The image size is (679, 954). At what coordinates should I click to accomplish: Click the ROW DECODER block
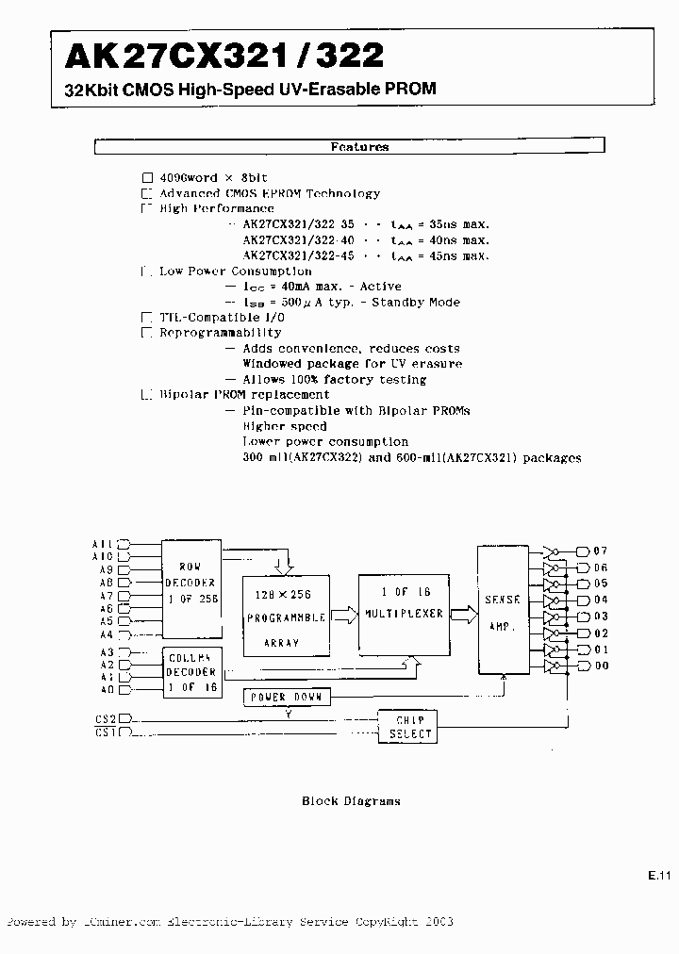pyautogui.click(x=191, y=586)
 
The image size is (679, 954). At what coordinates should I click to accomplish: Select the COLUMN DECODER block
pyautogui.click(x=191, y=671)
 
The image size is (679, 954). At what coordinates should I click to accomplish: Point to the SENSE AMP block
pyautogui.click(x=504, y=610)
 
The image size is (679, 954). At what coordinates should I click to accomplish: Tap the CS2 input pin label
pyautogui.click(x=105, y=717)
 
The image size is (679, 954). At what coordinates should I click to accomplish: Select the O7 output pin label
pyautogui.click(x=601, y=551)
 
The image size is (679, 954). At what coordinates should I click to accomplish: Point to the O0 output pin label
pyautogui.click(x=601, y=666)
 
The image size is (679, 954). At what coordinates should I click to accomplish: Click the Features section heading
pyautogui.click(x=358, y=147)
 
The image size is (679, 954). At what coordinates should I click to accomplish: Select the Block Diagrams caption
pyautogui.click(x=351, y=801)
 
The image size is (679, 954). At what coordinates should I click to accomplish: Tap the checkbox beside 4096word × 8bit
pyautogui.click(x=146, y=178)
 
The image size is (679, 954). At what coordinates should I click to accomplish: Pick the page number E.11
pyautogui.click(x=658, y=876)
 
